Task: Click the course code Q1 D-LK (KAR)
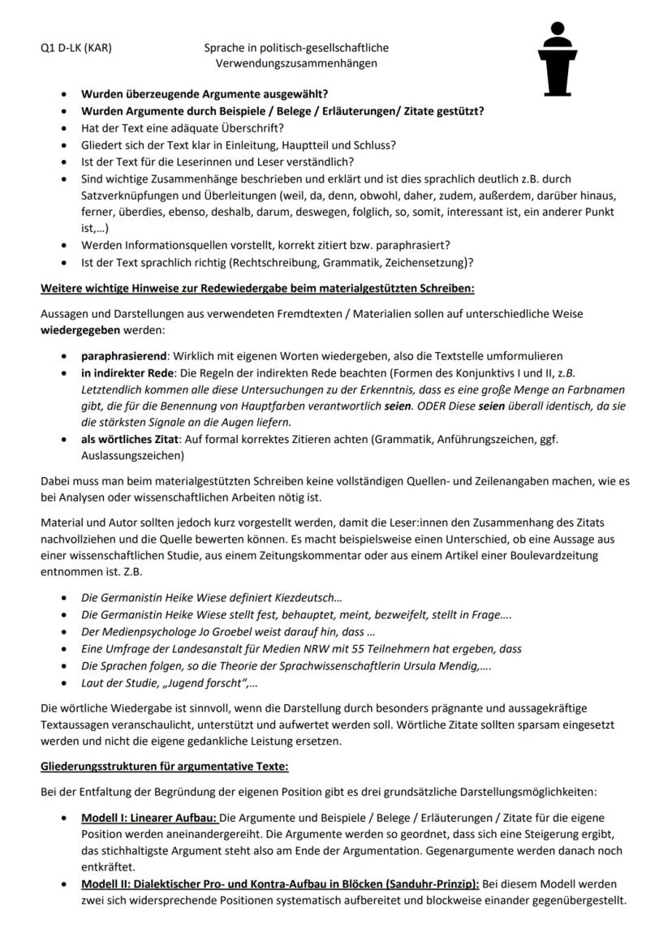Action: (x=76, y=48)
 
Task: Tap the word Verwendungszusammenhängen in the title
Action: (x=296, y=63)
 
